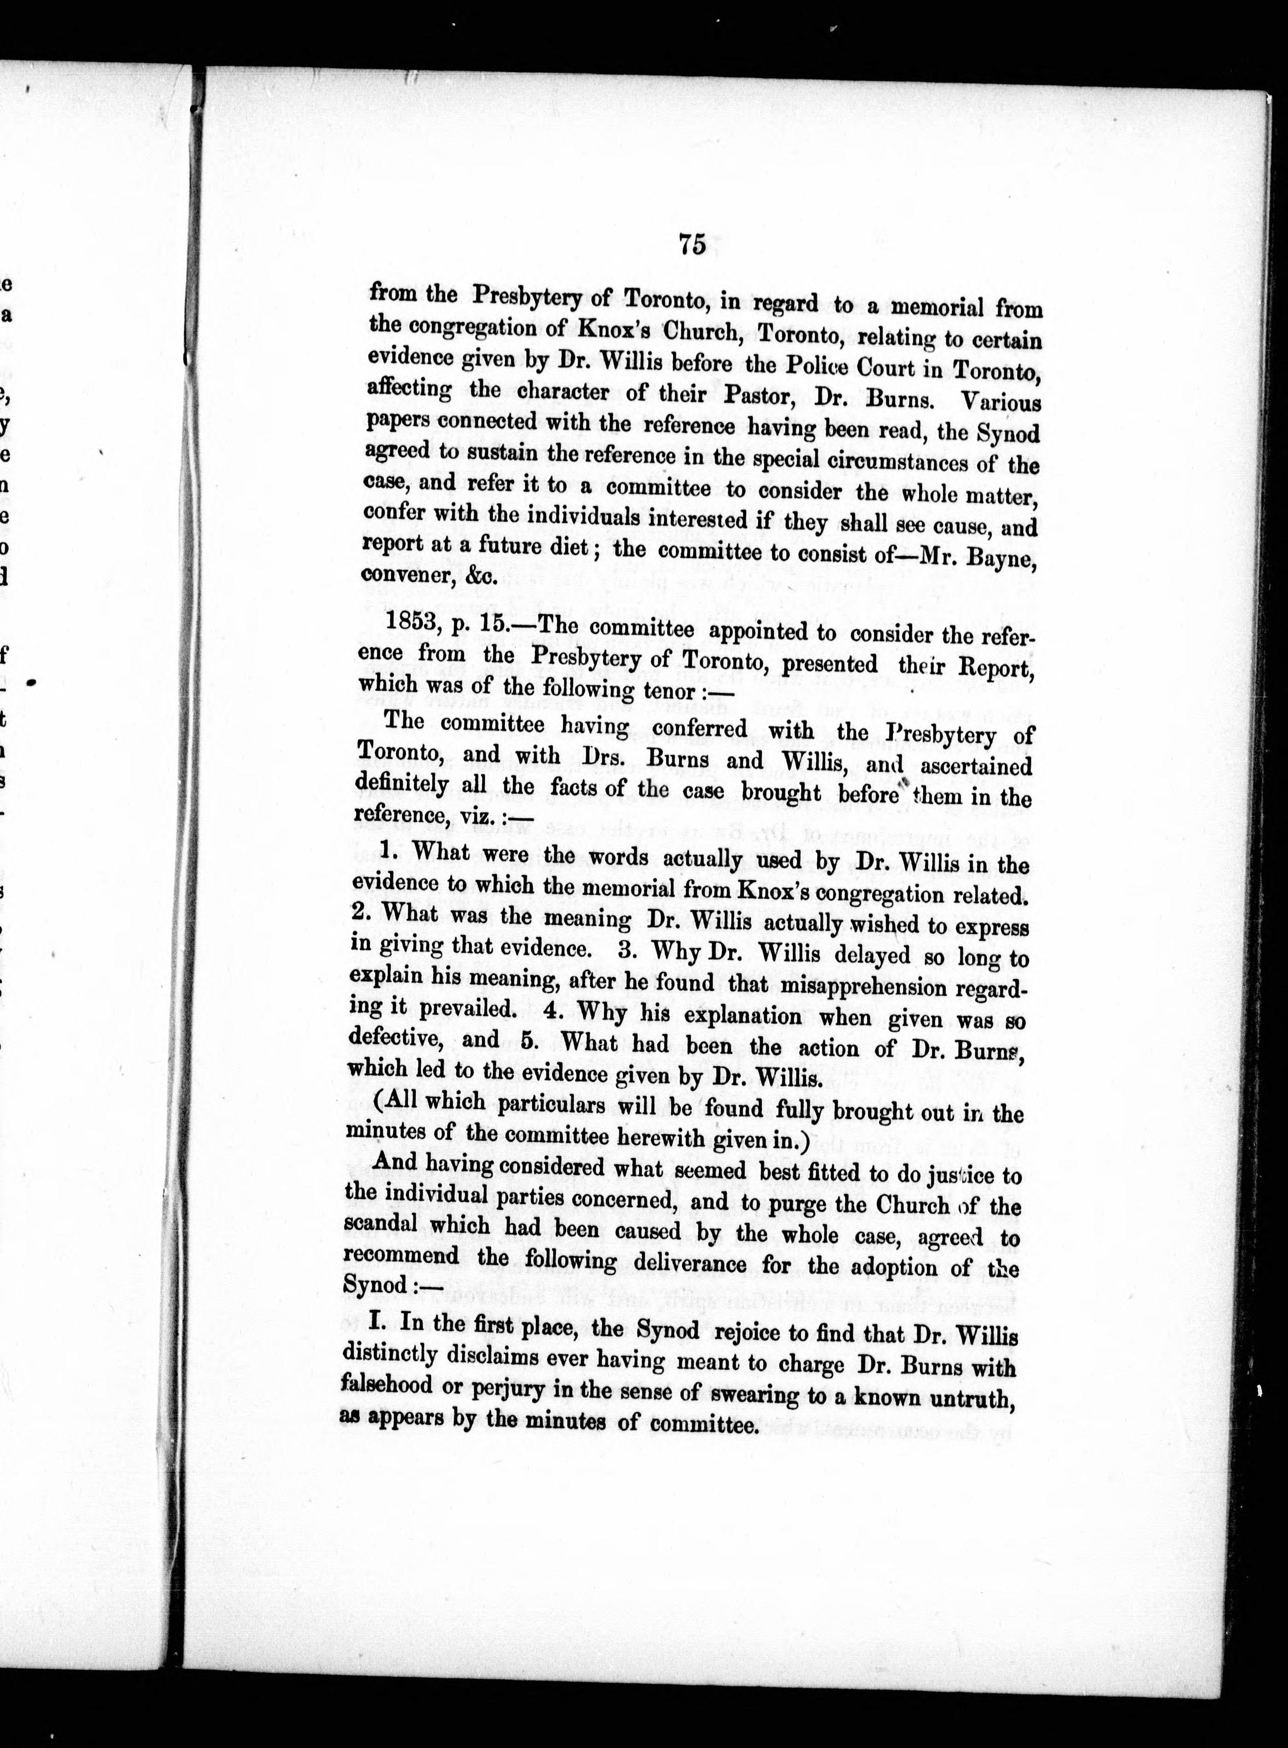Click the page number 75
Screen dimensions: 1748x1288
pos(692,244)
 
